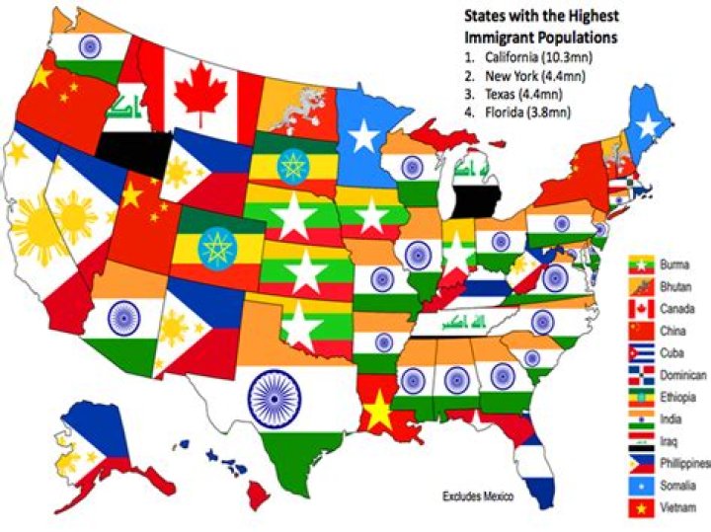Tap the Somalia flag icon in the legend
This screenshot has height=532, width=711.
point(643,487)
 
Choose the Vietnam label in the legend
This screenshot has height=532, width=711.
point(680,508)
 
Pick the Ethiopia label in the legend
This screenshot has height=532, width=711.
point(680,398)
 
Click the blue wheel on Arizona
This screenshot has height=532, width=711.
point(123,318)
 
